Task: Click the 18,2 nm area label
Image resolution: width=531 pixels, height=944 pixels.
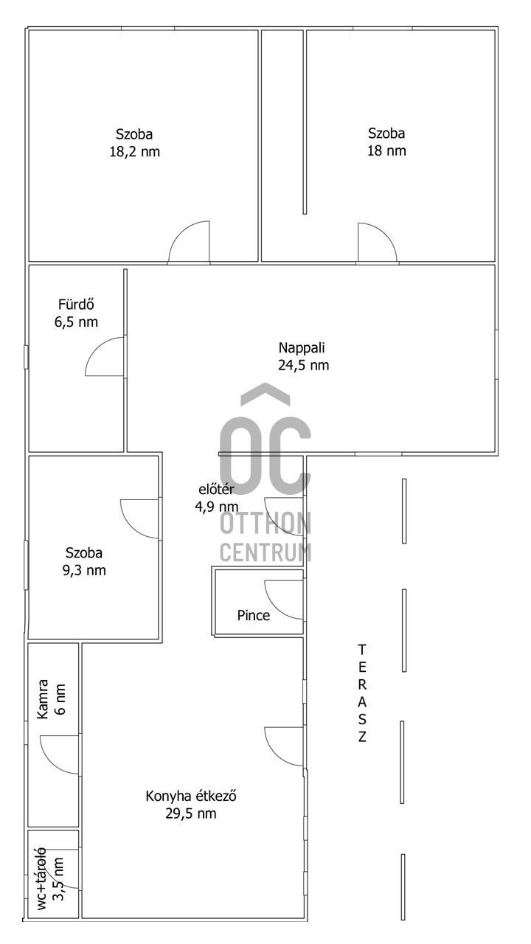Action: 135,152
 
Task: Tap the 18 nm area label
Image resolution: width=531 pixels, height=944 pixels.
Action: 386,150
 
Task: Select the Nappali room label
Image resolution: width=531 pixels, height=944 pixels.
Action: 302,348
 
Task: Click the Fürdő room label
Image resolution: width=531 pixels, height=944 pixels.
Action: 76,305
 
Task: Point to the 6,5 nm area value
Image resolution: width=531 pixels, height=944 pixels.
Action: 76,322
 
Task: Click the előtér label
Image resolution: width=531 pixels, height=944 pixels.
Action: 216,490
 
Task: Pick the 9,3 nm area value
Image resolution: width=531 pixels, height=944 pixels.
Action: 84,571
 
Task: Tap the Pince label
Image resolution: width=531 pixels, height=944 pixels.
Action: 253,616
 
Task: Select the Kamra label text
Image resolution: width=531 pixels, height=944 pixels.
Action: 43,699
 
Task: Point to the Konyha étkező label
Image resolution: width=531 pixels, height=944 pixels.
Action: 191,796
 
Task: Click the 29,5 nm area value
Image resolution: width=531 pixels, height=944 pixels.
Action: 191,813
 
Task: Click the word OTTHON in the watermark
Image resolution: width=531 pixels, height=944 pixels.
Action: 265,524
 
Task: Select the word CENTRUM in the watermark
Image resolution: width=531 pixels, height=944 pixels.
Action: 265,552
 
